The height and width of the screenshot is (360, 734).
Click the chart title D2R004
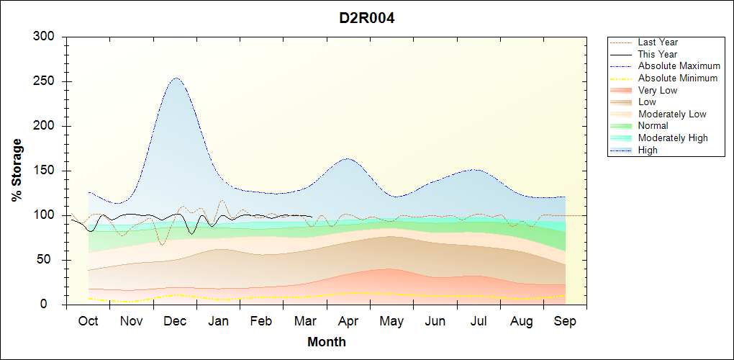point(367,18)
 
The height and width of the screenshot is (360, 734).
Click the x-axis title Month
point(327,342)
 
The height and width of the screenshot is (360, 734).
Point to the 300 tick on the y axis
point(44,37)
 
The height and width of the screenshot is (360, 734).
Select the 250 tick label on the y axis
point(44,81)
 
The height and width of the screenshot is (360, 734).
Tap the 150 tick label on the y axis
point(44,171)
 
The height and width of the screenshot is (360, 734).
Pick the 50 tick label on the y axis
point(47,260)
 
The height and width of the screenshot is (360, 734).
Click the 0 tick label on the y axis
point(51,305)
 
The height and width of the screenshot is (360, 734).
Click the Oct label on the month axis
point(88,321)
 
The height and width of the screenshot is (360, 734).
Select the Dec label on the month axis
point(175,321)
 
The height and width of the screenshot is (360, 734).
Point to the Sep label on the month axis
point(565,321)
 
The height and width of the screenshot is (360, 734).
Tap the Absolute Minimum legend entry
point(678,78)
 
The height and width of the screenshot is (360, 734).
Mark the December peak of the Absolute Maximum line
point(176,78)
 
